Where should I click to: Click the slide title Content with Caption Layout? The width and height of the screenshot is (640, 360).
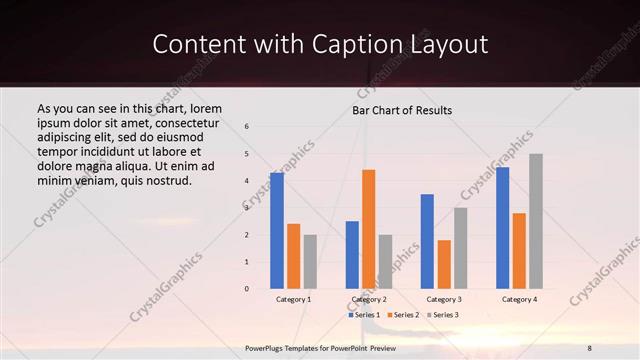320,45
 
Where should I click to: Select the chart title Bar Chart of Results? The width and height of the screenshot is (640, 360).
402,110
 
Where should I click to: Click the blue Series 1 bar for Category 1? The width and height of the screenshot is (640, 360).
277,231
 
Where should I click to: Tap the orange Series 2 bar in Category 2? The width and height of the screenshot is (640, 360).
369,229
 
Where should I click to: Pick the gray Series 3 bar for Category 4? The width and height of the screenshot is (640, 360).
536,221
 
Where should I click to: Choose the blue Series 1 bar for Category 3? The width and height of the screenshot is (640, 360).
427,241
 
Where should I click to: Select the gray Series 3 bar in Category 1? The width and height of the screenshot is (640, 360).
310,261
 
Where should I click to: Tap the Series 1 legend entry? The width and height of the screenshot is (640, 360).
364,315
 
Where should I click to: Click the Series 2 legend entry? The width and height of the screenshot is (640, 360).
403,315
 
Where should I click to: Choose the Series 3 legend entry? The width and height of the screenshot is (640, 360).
443,315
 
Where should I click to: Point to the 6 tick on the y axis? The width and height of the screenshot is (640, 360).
247,126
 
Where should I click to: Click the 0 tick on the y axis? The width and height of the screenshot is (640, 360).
247,289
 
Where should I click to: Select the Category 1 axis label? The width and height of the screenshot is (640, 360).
293,299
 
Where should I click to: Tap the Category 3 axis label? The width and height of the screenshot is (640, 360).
444,299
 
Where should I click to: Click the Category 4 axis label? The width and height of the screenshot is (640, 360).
519,299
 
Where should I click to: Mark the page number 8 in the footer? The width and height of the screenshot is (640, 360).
588,346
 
